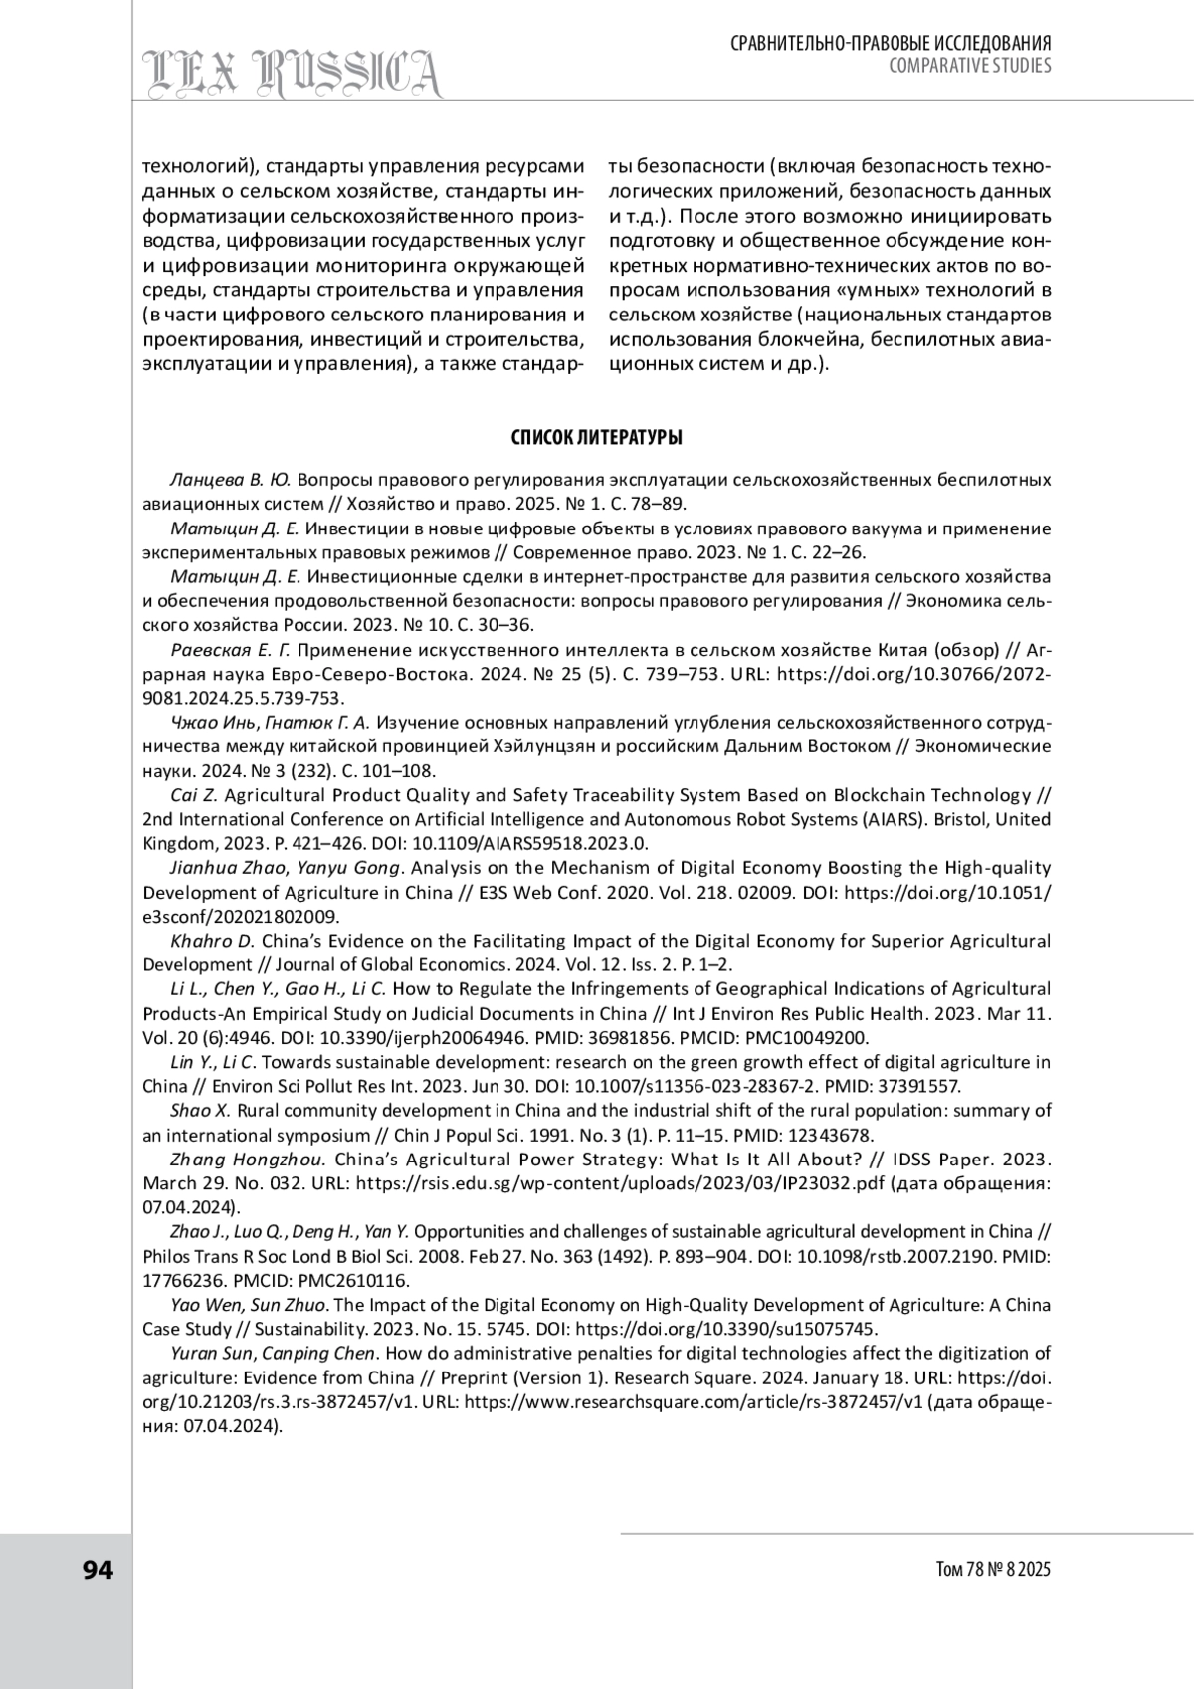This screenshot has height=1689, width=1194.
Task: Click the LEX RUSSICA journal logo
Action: tap(293, 73)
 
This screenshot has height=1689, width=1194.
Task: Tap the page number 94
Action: tap(99, 1570)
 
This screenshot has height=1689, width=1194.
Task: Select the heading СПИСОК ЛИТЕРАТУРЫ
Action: tap(596, 438)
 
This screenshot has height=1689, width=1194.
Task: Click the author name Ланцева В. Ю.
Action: tap(231, 480)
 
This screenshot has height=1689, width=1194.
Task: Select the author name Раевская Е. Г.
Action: tap(230, 650)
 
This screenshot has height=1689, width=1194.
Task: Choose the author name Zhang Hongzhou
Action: tap(248, 1159)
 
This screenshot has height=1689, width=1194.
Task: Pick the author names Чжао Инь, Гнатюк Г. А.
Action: tap(270, 723)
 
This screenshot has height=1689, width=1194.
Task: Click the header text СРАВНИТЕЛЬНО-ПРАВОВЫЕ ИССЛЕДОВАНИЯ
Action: tap(892, 44)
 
